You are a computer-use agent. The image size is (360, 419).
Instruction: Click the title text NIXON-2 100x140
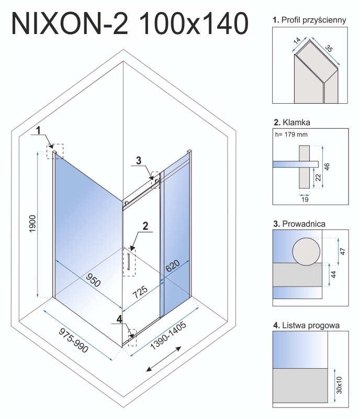pyautogui.click(x=130, y=24)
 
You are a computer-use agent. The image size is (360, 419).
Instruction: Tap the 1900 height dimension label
pyautogui.click(x=32, y=224)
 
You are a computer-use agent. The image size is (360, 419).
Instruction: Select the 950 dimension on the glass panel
pyautogui.click(x=93, y=280)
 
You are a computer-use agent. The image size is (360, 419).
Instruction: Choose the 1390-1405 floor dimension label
pyautogui.click(x=168, y=336)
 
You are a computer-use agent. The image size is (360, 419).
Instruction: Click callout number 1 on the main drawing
pyautogui.click(x=38, y=130)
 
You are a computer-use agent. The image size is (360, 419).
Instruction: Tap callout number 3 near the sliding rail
pyautogui.click(x=138, y=161)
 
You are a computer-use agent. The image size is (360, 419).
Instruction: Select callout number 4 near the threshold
pyautogui.click(x=119, y=319)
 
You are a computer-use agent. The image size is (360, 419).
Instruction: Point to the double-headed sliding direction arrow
pyautogui.click(x=163, y=359)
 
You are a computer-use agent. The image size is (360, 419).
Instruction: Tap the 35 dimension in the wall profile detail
pyautogui.click(x=329, y=48)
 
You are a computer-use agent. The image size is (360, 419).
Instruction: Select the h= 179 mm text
pyautogui.click(x=291, y=135)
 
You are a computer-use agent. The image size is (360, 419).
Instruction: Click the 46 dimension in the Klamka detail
pyautogui.click(x=327, y=167)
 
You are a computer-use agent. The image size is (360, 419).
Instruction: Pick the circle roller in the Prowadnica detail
pyautogui.click(x=306, y=251)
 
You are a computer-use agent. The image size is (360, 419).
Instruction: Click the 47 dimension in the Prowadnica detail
pyautogui.click(x=343, y=251)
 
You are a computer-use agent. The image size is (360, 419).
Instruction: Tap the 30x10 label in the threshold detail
pyautogui.click(x=339, y=385)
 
